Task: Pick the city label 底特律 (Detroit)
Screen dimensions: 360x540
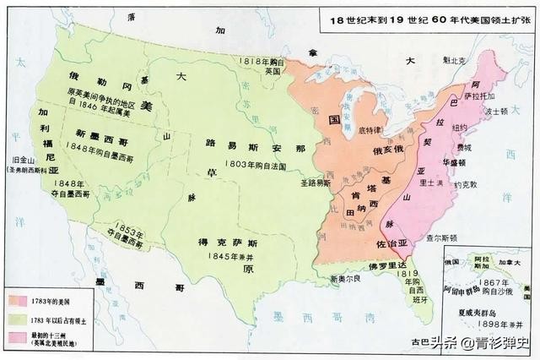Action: pyautogui.click(x=370, y=131)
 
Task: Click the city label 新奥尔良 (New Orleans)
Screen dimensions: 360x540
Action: pyautogui.click(x=348, y=278)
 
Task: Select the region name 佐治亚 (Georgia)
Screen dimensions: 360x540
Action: pyautogui.click(x=390, y=242)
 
